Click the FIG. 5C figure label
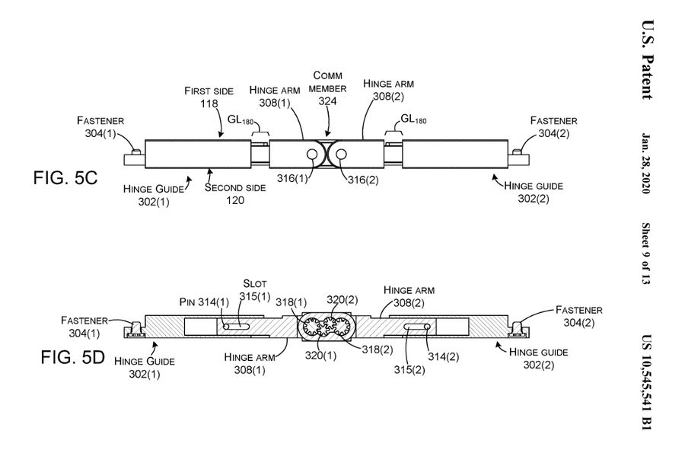click(x=65, y=179)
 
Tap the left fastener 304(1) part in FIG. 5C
click(x=134, y=156)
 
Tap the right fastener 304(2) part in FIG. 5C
click(x=521, y=156)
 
